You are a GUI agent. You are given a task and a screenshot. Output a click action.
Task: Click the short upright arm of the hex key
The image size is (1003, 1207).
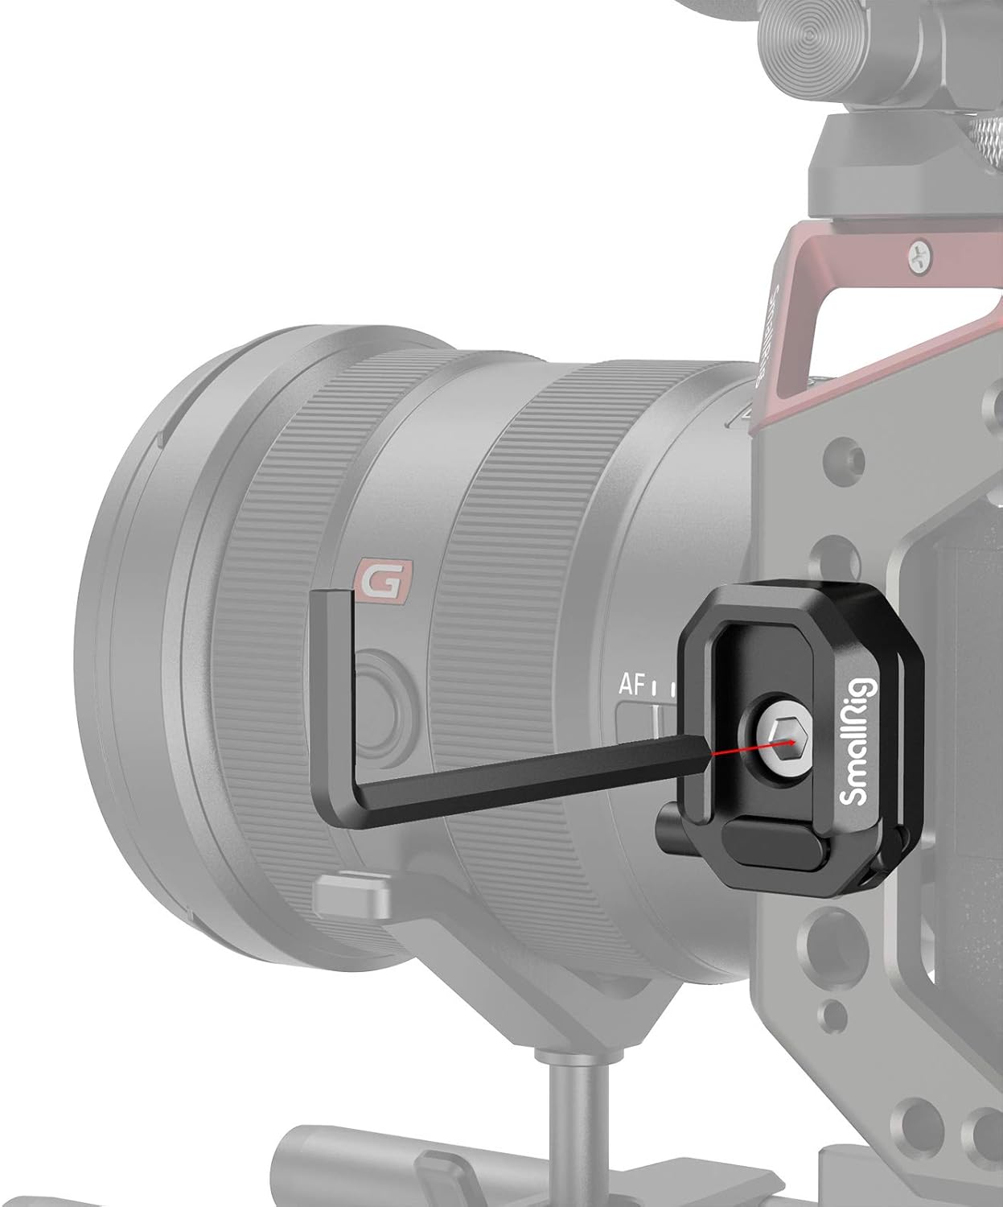(x=330, y=684)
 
